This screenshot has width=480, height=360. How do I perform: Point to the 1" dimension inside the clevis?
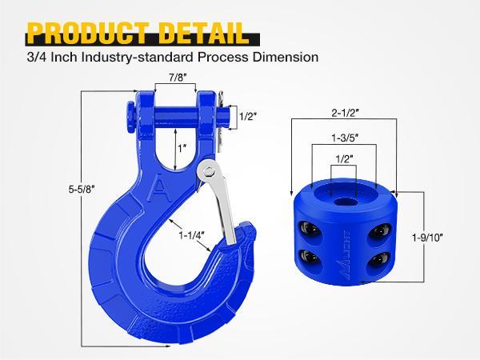(182, 148)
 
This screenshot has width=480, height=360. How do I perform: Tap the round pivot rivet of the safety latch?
(208, 170)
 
